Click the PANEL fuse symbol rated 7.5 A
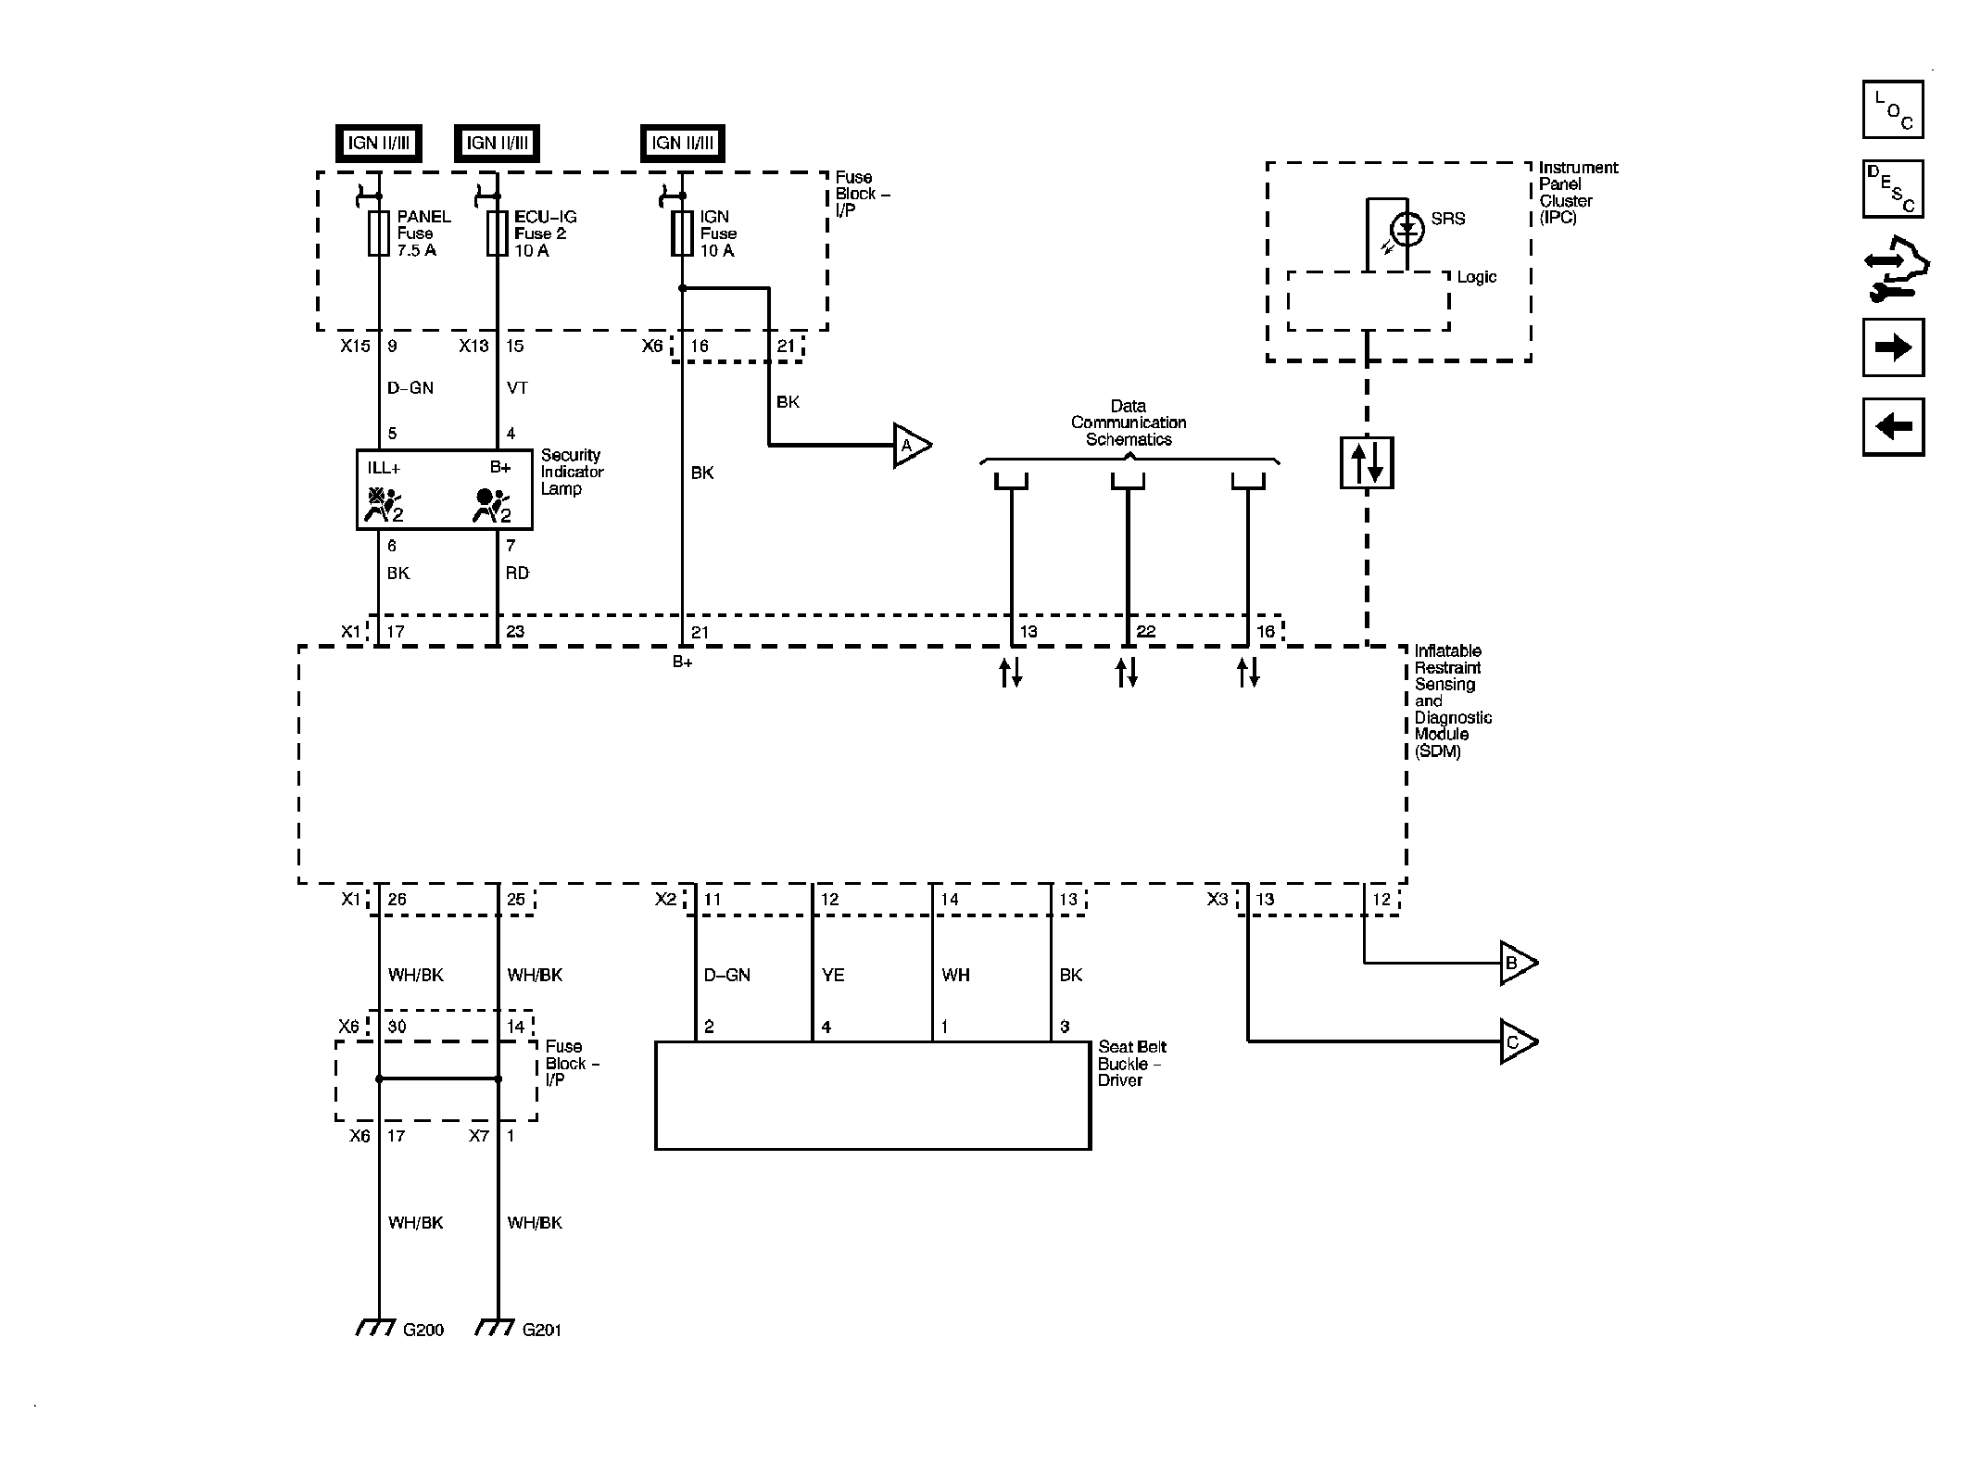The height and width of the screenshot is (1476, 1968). click(x=378, y=233)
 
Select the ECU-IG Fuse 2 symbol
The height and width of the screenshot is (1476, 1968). click(x=498, y=233)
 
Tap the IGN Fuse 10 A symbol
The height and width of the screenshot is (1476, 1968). click(x=682, y=233)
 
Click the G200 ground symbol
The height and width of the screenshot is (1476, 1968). click(x=377, y=1328)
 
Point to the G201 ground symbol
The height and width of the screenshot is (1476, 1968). click(x=496, y=1328)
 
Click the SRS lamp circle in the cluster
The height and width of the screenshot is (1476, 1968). click(x=1407, y=228)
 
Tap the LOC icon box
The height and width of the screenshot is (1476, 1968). click(x=1893, y=109)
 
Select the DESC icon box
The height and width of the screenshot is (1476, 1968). click(x=1893, y=189)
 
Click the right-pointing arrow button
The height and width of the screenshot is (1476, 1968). click(x=1893, y=347)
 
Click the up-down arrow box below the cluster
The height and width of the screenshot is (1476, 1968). click(x=1367, y=462)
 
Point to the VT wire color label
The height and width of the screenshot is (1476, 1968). click(x=517, y=388)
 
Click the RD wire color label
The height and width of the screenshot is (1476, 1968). click(x=517, y=574)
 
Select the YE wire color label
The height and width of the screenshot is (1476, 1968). click(x=832, y=975)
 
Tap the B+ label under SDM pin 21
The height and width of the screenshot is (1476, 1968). click(x=683, y=662)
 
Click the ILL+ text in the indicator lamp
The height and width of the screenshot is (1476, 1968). click(x=384, y=468)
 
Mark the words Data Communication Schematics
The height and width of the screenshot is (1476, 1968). click(x=1129, y=423)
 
